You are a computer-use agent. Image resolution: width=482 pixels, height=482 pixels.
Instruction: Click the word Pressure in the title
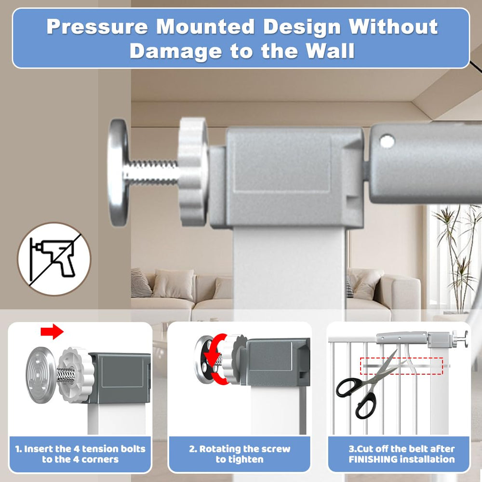[97, 27]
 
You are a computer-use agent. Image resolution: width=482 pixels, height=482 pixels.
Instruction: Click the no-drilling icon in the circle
[54, 259]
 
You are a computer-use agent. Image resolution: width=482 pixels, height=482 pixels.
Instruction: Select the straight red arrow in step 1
[52, 332]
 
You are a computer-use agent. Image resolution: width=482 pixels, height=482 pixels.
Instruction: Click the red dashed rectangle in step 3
[402, 366]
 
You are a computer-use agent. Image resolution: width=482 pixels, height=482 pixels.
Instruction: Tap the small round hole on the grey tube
[387, 141]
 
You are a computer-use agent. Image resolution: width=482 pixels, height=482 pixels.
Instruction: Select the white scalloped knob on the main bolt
[193, 171]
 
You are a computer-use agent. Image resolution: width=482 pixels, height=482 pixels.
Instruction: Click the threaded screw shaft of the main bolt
[152, 172]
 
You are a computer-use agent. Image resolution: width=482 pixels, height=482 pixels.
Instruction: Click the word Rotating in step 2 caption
[219, 449]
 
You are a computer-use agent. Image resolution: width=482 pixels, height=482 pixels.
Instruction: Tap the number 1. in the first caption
[18, 449]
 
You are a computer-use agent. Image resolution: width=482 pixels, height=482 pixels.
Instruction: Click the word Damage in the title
[176, 52]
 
